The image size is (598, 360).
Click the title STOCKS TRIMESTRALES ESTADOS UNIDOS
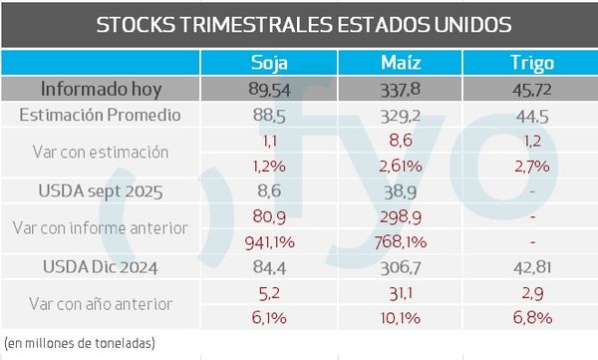(x=299, y=24)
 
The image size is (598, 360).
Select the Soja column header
(x=270, y=63)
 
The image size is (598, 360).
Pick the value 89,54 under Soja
(x=270, y=89)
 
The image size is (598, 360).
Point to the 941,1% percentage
(x=270, y=240)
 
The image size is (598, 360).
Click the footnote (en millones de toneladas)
(x=80, y=343)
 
